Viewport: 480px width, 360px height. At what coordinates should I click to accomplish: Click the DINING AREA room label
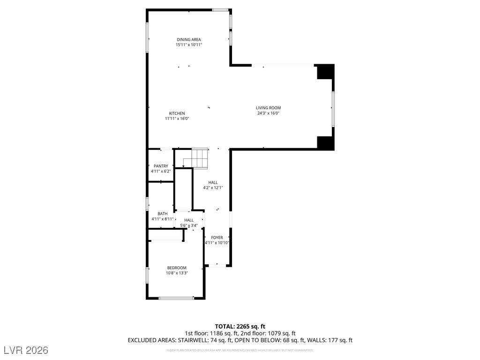(189, 39)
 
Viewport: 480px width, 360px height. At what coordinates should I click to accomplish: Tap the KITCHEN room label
(177, 113)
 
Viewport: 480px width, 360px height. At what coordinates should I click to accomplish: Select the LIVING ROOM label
(268, 108)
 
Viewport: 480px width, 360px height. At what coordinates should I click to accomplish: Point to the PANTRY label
(161, 166)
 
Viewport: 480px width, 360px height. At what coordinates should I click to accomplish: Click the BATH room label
(162, 214)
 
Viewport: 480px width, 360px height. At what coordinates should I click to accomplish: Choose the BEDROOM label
(177, 268)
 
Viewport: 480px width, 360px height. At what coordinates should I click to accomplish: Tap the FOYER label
(217, 238)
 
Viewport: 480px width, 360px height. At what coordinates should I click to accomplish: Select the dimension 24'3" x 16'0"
(268, 113)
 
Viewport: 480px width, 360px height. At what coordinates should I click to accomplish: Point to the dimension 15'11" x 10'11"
(189, 45)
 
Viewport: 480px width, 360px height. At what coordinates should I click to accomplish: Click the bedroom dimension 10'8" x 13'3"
(177, 273)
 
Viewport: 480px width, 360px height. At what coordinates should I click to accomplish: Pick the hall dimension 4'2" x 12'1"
(213, 188)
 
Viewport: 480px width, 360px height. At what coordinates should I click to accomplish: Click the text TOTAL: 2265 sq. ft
(240, 326)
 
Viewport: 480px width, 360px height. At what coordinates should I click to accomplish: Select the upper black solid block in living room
(325, 72)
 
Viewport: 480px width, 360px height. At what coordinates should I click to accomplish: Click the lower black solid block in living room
(325, 142)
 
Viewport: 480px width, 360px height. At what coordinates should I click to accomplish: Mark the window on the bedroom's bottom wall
(176, 298)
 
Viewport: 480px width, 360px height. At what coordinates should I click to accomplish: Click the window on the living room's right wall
(333, 109)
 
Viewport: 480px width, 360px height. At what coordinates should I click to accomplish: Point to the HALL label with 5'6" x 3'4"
(189, 220)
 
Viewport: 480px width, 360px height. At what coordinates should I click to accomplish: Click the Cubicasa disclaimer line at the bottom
(240, 350)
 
